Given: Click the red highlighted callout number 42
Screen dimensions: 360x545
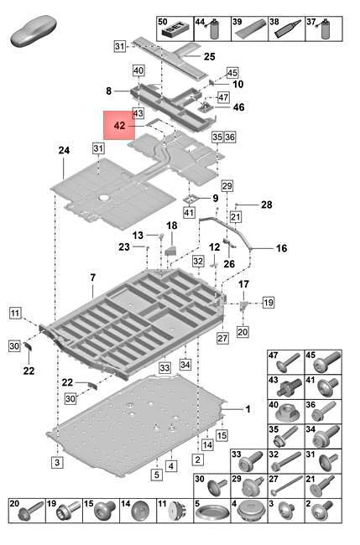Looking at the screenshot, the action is (x=119, y=125).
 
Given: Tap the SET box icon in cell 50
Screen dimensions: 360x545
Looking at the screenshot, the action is (x=175, y=31).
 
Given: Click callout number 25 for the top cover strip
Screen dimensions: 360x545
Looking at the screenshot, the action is (x=210, y=56).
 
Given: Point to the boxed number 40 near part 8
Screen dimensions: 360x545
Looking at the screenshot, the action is (x=138, y=70).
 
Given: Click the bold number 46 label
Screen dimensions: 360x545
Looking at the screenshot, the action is (x=238, y=107).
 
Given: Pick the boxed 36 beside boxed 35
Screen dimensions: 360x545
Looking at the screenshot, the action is (x=230, y=137).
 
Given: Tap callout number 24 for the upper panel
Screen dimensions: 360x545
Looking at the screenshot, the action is (x=64, y=150).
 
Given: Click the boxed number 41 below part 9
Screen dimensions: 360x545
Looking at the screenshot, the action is (x=189, y=212).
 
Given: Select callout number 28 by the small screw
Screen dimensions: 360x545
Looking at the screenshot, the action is (x=267, y=205).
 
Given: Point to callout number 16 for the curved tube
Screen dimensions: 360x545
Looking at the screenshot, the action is (x=282, y=248).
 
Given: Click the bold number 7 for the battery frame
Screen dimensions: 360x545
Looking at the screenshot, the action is (x=93, y=278).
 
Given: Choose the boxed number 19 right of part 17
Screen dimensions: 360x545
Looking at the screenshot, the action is (x=269, y=302).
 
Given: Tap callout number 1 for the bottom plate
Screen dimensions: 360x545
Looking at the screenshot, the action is (x=248, y=409).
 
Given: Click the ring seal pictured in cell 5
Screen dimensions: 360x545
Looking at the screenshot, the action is (x=212, y=512).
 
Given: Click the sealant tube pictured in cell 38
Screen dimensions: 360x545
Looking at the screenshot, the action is (x=288, y=29).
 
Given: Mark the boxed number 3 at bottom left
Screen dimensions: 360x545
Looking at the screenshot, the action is (x=57, y=462).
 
